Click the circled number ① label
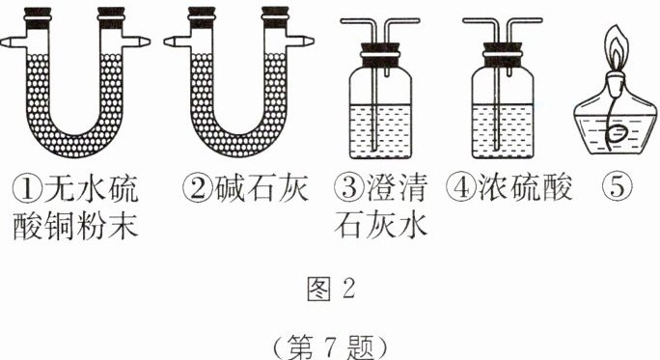(27, 189)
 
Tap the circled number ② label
(198, 188)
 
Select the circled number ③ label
(349, 188)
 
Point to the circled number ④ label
(461, 188)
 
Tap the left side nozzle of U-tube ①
(13, 42)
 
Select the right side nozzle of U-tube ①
(137, 42)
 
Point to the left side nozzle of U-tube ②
(177, 42)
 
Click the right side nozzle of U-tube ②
(300, 42)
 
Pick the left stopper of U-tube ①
(38, 18)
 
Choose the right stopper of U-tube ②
(274, 17)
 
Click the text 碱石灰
(261, 188)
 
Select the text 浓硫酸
(525, 188)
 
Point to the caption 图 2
(331, 289)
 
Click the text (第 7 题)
(330, 347)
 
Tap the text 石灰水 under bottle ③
(381, 226)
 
